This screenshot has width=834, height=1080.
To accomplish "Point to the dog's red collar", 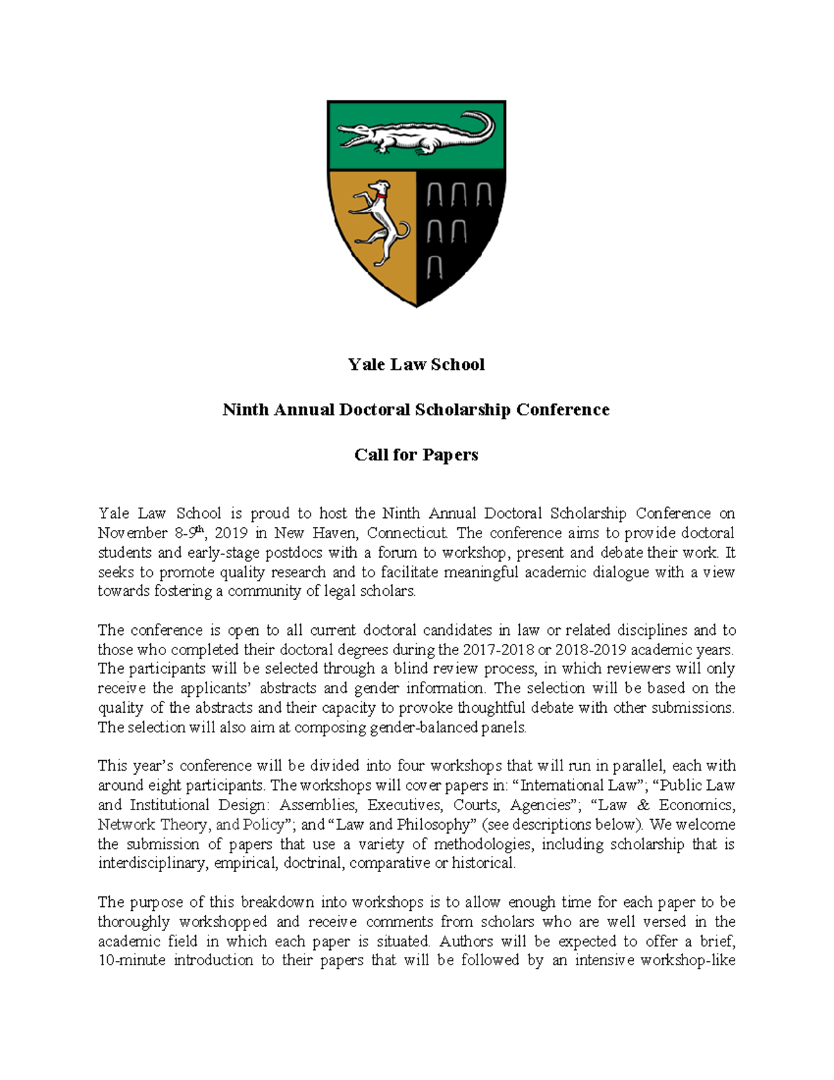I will pyautogui.click(x=381, y=197).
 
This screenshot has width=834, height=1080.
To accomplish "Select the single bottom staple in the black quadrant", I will pyautogui.click(x=434, y=266).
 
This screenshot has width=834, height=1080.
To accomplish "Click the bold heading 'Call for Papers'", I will pyautogui.click(x=416, y=455).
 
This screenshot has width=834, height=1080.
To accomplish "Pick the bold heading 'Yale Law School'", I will pyautogui.click(x=416, y=365).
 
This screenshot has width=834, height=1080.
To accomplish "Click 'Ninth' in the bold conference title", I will pyautogui.click(x=245, y=410).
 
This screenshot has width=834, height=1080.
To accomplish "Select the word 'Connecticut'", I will pyautogui.click(x=407, y=533).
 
